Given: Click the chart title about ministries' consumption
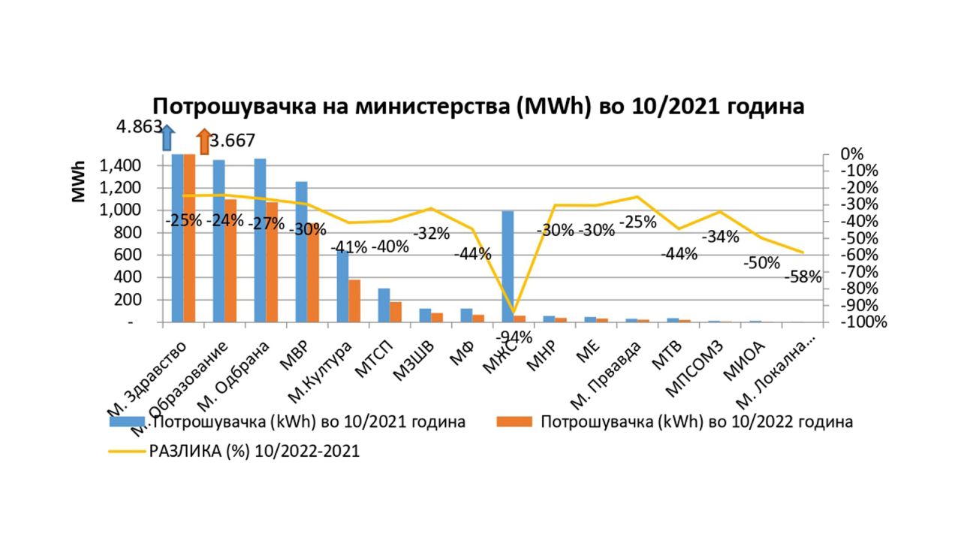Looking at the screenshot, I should [479, 106].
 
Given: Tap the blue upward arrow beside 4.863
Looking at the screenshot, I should [167, 139].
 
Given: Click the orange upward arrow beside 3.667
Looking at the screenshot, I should [203, 141].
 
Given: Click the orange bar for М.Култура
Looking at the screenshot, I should [354, 301].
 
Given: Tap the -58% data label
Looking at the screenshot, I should [803, 277].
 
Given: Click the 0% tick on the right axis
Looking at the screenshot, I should [852, 154].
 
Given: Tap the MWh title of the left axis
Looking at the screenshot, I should [79, 182].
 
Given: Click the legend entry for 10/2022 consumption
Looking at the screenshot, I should [696, 422].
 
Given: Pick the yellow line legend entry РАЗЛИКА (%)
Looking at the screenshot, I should [255, 452].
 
